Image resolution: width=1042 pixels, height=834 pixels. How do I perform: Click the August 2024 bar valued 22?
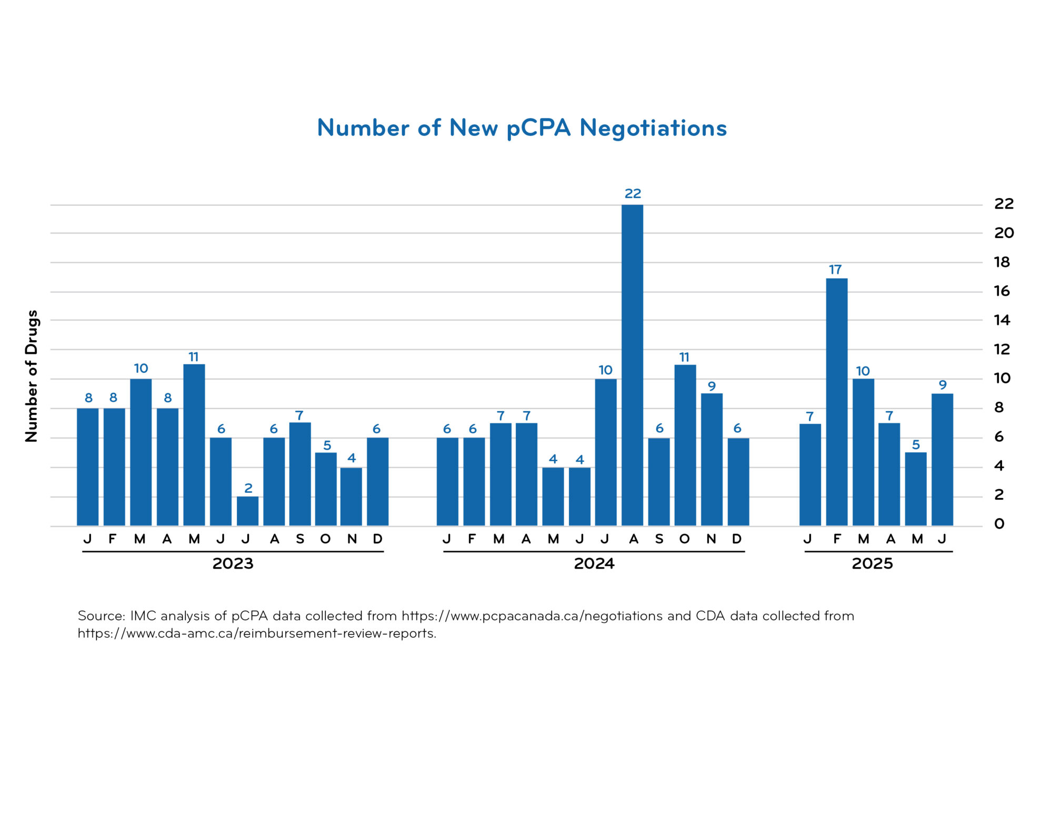point(632,365)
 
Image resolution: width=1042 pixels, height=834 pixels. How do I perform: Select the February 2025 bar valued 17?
point(836,402)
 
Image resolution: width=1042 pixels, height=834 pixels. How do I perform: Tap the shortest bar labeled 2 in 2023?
point(247,511)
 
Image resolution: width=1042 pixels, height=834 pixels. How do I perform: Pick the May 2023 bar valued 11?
point(194,445)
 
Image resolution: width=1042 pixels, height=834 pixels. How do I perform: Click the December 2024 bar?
point(738,482)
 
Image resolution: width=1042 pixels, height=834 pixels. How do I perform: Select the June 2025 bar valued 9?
point(942,459)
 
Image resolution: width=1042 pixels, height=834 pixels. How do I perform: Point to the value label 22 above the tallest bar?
point(633,194)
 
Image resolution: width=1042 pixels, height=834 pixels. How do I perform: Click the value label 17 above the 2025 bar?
point(835,270)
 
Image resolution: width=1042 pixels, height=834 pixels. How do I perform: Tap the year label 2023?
point(233,564)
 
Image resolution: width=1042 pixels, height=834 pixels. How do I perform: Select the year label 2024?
point(594,564)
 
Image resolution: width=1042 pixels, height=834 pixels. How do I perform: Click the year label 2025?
point(872,564)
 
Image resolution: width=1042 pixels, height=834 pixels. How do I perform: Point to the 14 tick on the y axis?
point(1001,320)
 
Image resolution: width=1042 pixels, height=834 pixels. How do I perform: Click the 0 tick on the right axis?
point(999,524)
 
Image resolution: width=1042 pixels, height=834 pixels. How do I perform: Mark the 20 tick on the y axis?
point(1004,233)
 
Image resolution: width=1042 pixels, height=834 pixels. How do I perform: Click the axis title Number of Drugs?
point(32,375)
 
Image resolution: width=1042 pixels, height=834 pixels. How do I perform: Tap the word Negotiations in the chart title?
point(653,128)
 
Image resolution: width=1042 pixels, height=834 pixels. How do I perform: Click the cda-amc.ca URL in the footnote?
point(257,633)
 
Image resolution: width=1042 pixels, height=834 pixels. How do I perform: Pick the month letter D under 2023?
point(377,539)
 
